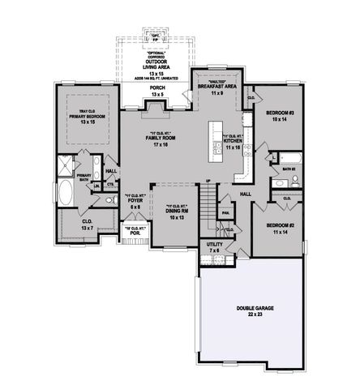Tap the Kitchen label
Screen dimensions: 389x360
(x=234, y=143)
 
